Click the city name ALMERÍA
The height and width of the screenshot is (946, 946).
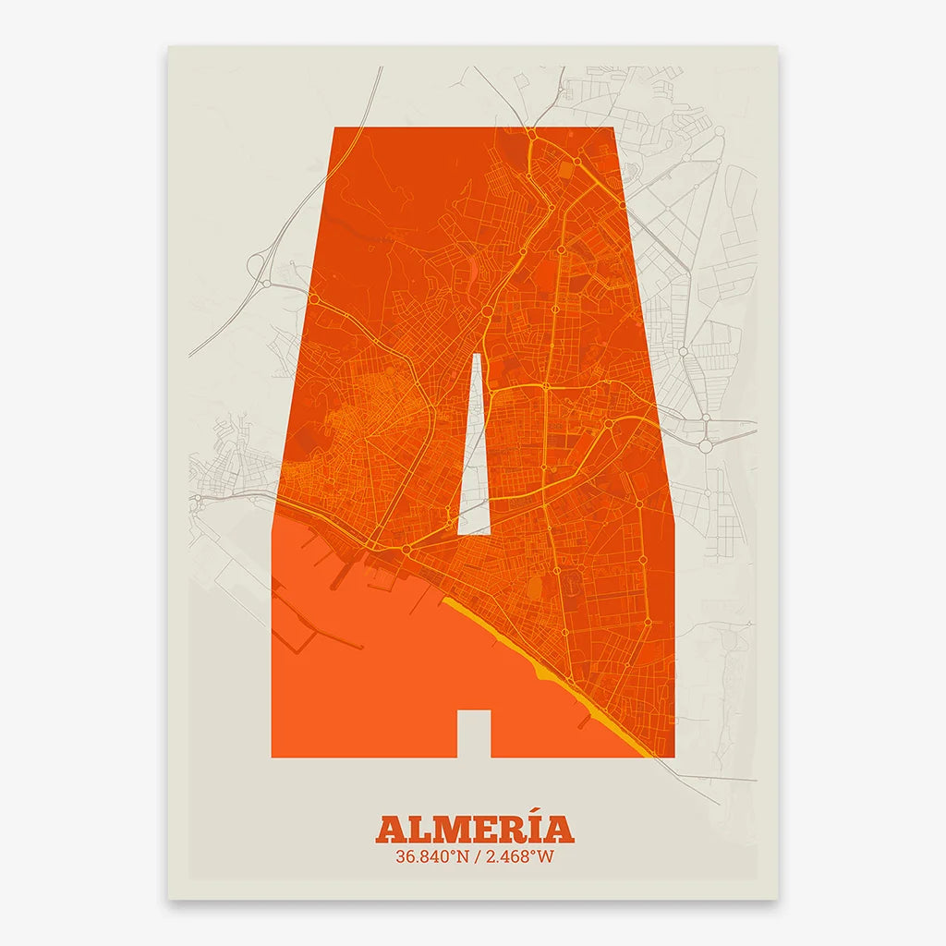point(474,828)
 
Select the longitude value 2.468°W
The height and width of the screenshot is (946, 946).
point(518,856)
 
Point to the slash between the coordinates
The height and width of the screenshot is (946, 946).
point(475,856)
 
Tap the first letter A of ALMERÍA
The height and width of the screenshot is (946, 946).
point(391,829)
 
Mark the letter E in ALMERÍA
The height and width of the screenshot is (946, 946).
point(483,829)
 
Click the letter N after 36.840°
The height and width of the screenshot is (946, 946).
point(459,856)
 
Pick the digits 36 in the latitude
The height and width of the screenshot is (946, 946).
point(405,856)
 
